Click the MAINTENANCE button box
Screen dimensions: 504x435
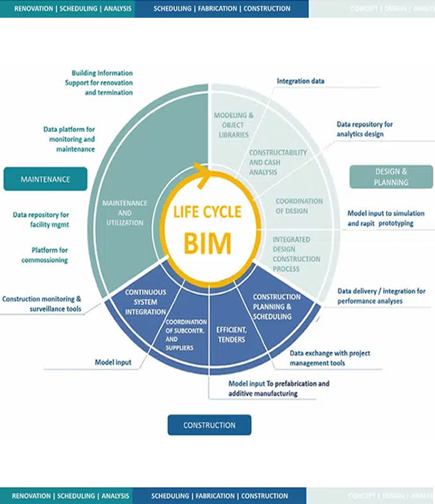point(46,179)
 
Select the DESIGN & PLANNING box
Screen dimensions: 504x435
point(391,176)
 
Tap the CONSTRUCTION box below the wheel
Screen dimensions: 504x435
point(209,425)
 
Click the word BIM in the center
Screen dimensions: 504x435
point(207,242)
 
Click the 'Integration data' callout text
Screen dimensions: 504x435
point(300,81)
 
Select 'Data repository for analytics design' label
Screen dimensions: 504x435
point(364,129)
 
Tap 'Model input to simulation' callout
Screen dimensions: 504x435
point(385,218)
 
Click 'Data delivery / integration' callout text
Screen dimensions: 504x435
point(381,296)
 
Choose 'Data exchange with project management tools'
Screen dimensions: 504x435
point(330,358)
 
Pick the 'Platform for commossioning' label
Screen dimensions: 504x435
point(44,255)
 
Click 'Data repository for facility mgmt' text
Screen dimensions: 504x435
point(41,219)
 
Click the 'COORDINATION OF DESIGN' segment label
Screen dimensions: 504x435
point(299,206)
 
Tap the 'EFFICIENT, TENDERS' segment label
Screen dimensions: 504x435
point(231,335)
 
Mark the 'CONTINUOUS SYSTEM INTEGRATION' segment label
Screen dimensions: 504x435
point(145,302)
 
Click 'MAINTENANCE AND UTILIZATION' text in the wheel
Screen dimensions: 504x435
point(124,213)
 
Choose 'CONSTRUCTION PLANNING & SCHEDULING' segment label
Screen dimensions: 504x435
point(276,306)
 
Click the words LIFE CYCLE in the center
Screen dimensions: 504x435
point(207,212)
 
